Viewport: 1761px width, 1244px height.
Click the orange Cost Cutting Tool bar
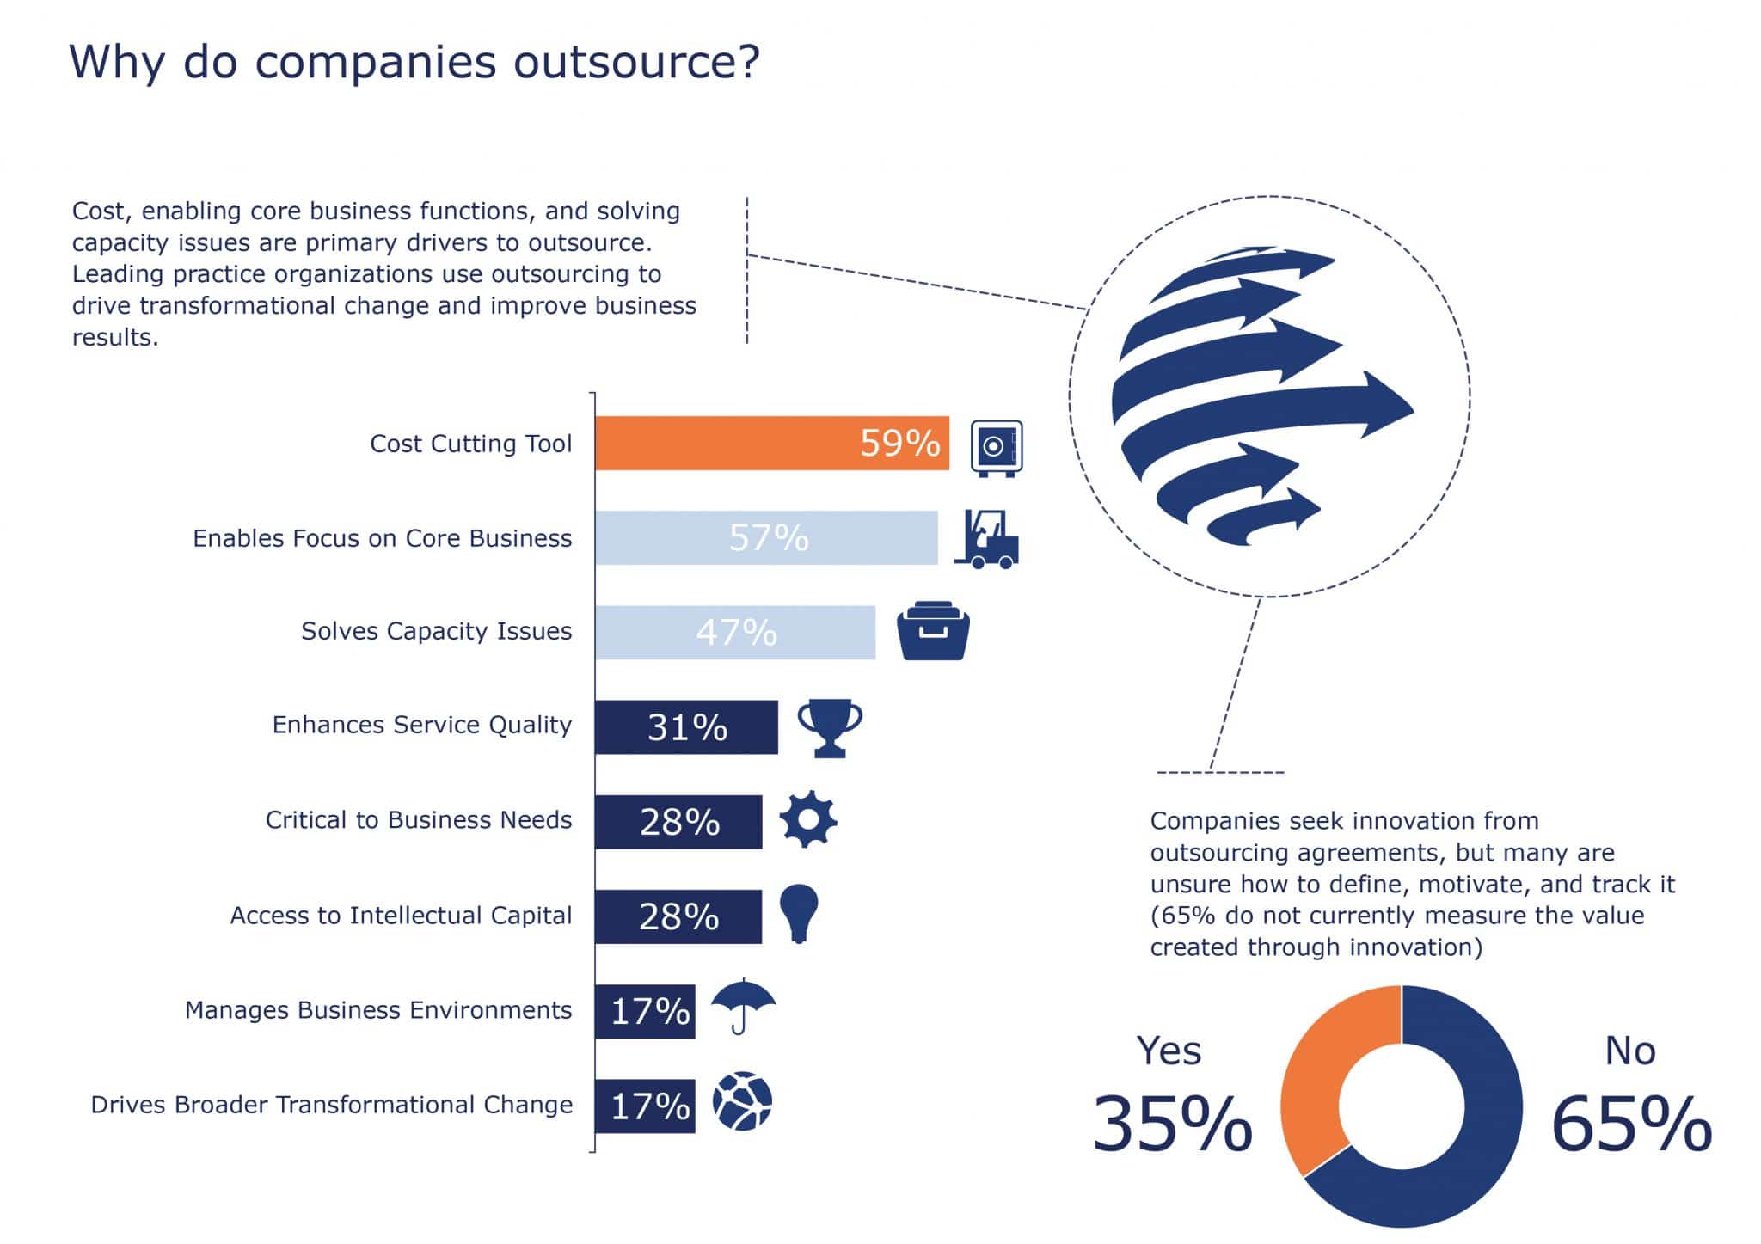771,443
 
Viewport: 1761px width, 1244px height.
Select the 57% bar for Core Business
765,537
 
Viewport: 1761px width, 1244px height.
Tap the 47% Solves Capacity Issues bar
734,632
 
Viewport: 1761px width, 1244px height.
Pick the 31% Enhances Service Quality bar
685,727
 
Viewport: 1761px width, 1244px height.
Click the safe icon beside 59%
996,447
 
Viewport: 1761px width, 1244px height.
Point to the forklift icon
987,539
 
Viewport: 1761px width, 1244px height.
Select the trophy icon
830,726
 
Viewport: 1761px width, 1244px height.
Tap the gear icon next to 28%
808,819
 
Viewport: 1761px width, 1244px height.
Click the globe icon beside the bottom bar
742,1100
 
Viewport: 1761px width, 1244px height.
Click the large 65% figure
1631,1124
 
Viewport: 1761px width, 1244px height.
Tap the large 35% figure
1172,1124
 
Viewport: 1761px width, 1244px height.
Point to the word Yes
1169,1051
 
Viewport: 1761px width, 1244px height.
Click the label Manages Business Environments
378,1010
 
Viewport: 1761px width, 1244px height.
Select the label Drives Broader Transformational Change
332,1105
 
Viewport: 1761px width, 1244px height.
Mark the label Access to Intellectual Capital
401,916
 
